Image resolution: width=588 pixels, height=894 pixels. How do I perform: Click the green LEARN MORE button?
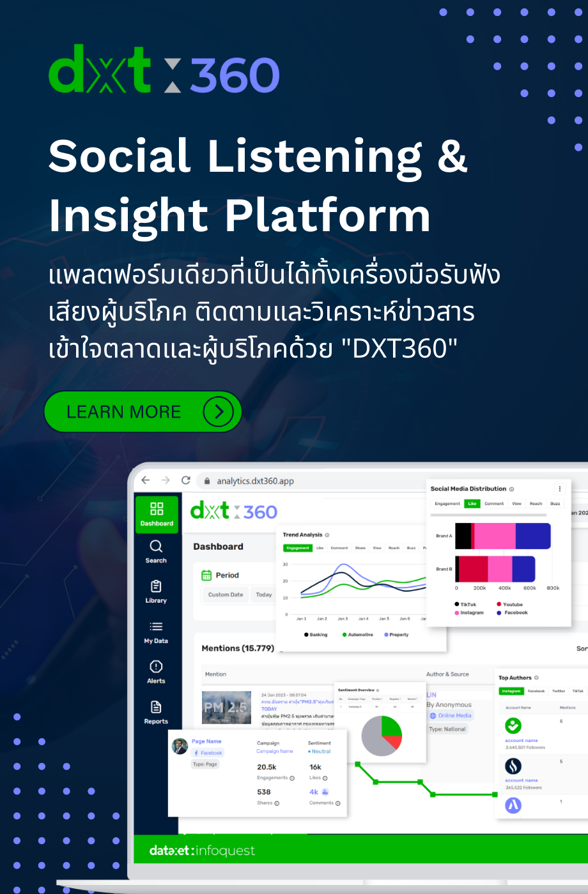142,412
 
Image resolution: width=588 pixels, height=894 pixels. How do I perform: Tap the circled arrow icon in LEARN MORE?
219,412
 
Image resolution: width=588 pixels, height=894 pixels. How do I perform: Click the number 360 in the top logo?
235,75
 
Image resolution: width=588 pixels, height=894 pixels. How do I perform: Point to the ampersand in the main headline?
453,156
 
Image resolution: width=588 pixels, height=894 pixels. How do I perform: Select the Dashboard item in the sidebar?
157,514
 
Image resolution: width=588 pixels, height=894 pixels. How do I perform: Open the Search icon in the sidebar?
156,551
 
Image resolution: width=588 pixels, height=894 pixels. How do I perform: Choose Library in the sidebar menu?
156,591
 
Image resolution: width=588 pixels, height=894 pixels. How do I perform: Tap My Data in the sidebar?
156,632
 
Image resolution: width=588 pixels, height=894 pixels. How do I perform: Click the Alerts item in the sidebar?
156,672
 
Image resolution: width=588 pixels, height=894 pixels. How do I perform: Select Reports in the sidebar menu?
156,712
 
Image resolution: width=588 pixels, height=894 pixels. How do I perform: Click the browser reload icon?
186,480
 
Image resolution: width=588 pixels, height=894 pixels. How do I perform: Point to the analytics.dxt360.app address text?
255,481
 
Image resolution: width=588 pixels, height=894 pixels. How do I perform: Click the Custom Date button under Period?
226,595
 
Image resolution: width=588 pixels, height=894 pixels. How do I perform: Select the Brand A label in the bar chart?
444,536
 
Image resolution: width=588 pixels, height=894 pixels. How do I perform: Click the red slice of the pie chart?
394,741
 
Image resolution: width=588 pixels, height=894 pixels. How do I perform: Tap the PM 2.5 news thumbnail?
226,707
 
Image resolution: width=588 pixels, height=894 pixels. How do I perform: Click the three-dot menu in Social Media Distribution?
560,489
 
